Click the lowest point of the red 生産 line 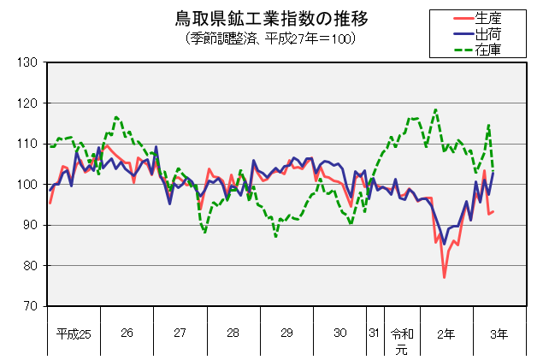click(x=445, y=277)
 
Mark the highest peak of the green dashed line click(x=436, y=109)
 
